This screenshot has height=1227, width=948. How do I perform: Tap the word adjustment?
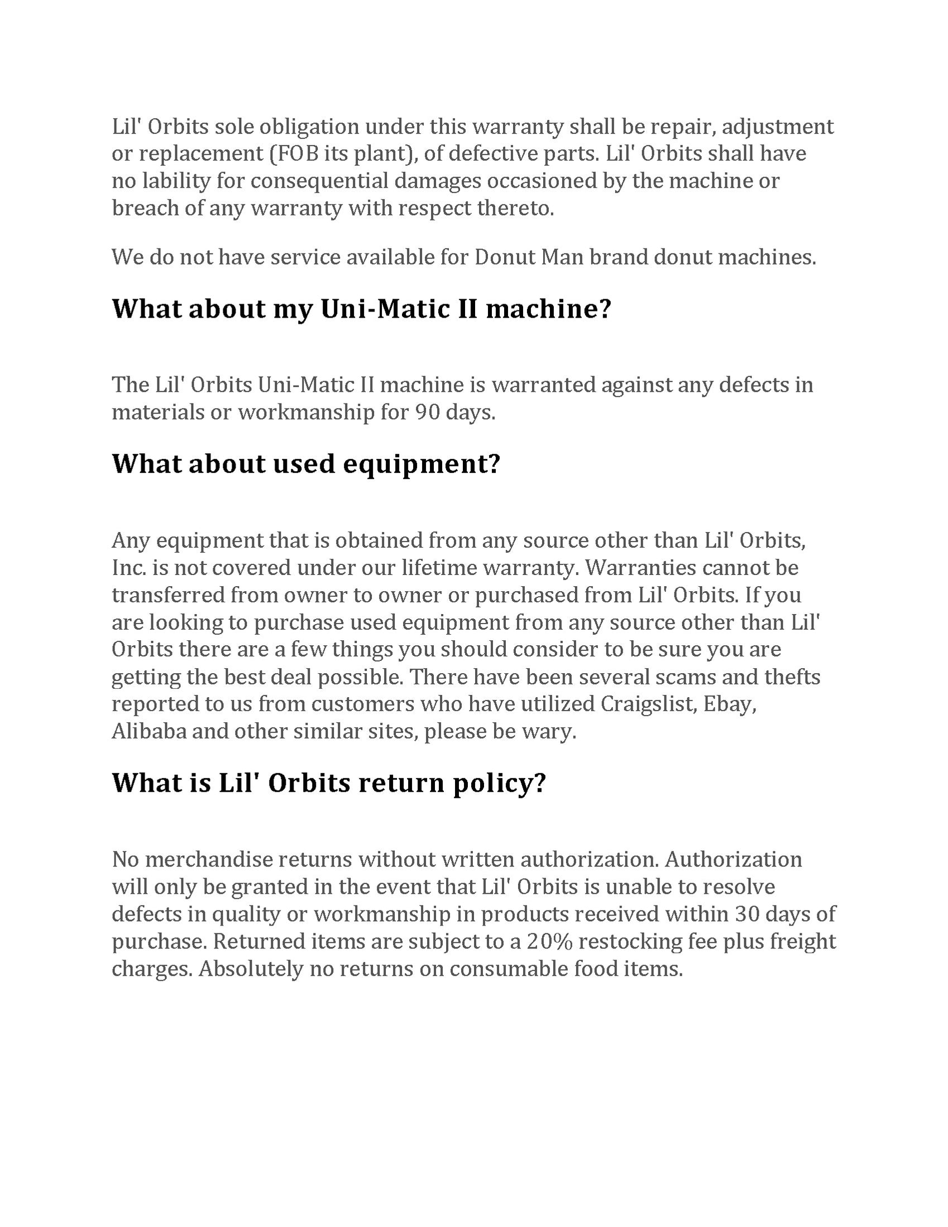(x=777, y=126)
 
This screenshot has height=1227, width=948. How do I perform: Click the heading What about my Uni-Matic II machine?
(x=361, y=309)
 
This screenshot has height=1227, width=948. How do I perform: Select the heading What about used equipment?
(x=306, y=463)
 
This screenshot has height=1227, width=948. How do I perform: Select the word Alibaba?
(x=149, y=731)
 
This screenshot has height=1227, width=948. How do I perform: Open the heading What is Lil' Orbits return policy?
(x=329, y=783)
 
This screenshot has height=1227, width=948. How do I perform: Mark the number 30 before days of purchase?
(x=747, y=914)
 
